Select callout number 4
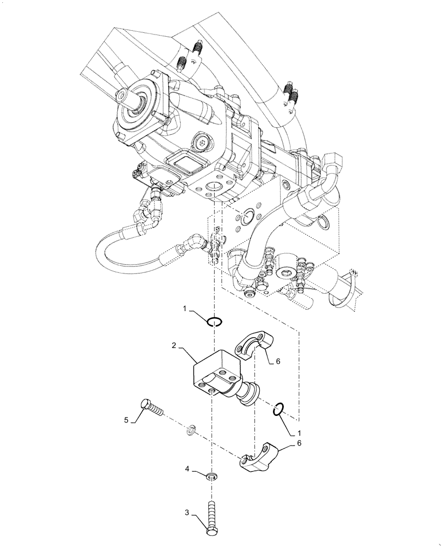pyautogui.click(x=187, y=469)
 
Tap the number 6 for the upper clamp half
pyautogui.click(x=278, y=361)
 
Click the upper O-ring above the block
pyautogui.click(x=213, y=322)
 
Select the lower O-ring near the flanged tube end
pyautogui.click(x=278, y=408)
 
